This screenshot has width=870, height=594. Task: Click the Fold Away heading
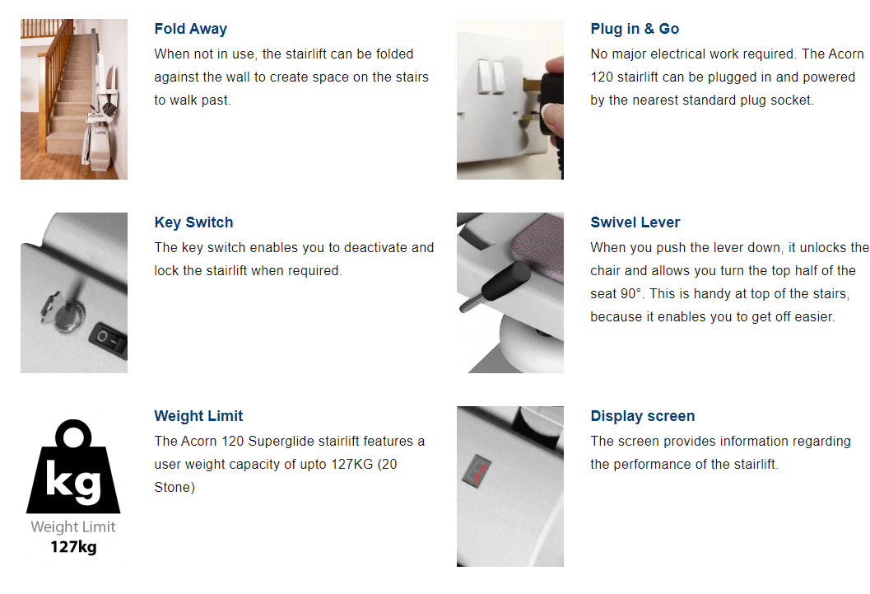(x=190, y=29)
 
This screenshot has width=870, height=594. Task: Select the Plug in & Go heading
(x=635, y=29)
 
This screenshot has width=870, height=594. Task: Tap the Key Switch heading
(x=193, y=222)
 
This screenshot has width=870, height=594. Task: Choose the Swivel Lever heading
(x=635, y=222)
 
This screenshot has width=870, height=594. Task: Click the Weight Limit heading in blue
(x=198, y=416)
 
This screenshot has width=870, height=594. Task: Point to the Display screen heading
(x=643, y=416)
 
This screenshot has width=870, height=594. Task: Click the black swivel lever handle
(x=505, y=282)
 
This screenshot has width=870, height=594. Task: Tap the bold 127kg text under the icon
(x=73, y=547)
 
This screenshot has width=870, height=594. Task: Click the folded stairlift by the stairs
(x=100, y=133)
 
